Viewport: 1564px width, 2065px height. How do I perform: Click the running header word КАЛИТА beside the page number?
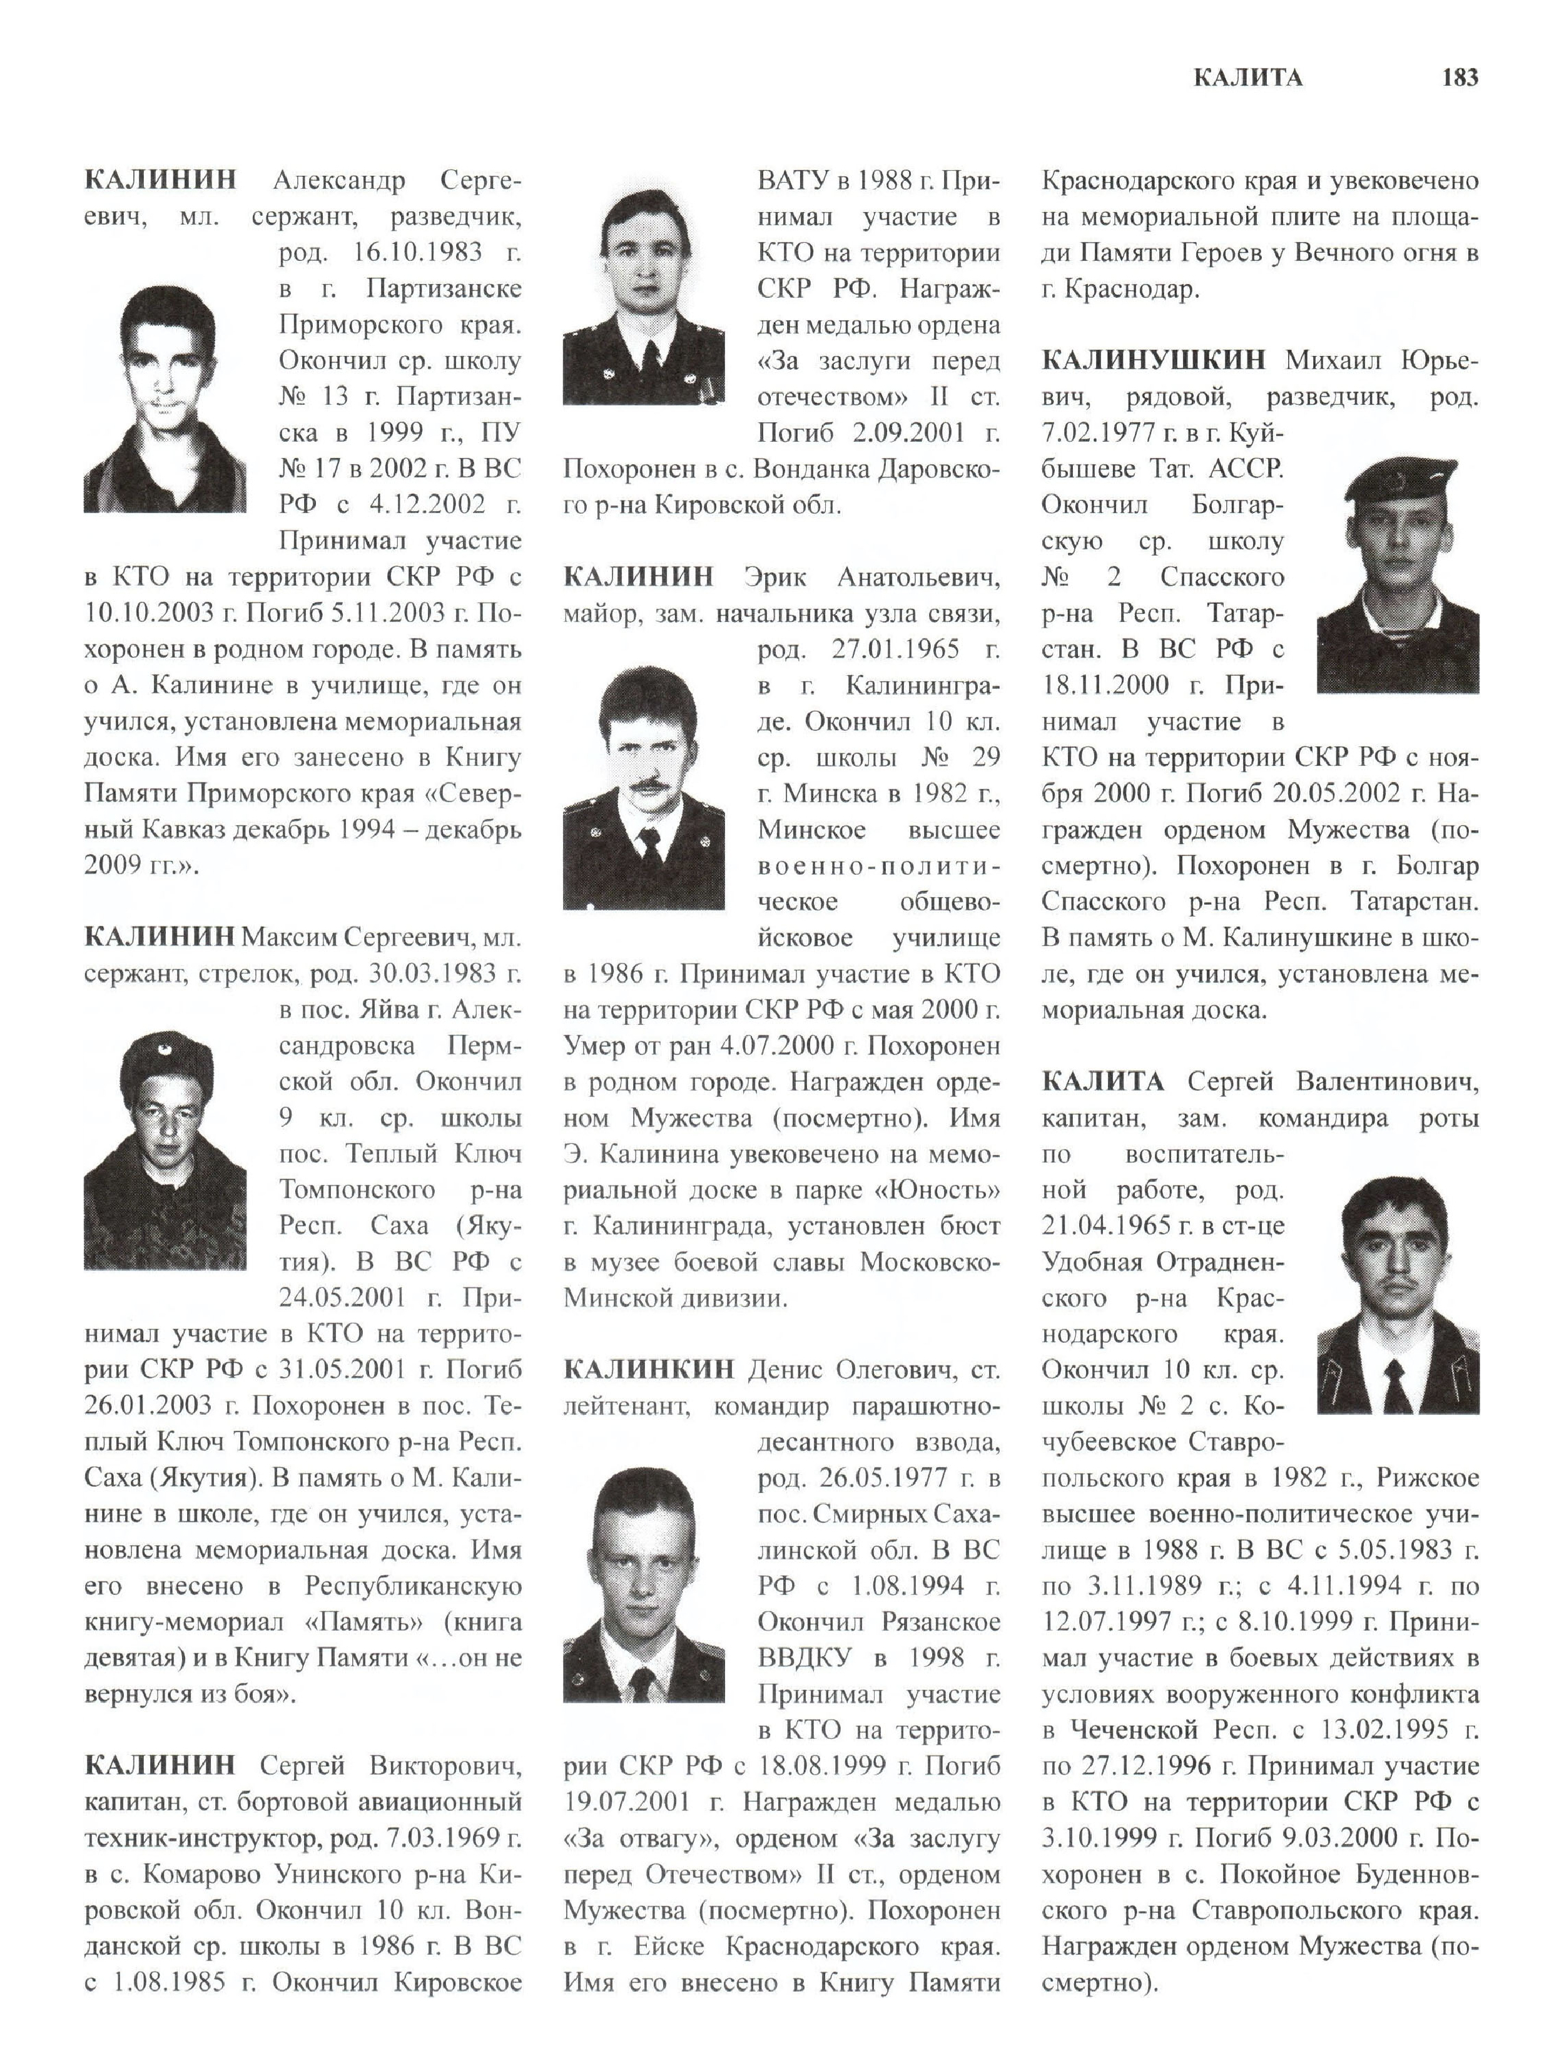coord(1247,78)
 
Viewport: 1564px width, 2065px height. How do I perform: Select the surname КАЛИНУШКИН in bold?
coord(1154,360)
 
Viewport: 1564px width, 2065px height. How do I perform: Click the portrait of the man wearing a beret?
coord(1397,574)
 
